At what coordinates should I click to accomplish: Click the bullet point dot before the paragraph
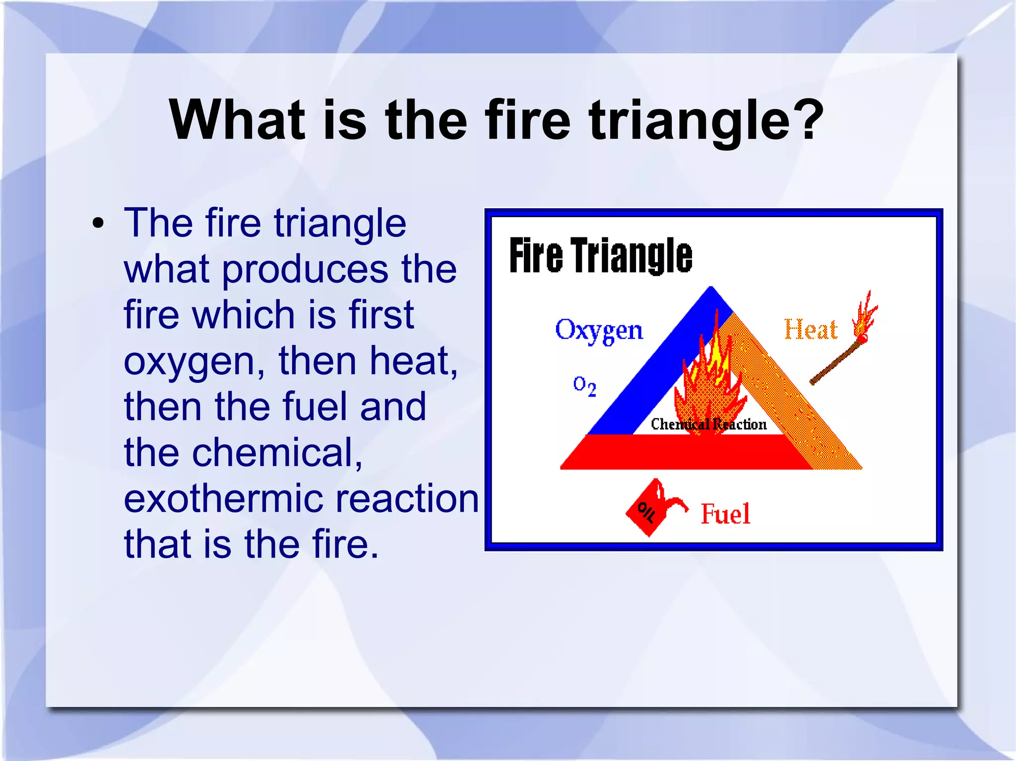click(98, 224)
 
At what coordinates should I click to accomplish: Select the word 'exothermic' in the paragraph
click(223, 499)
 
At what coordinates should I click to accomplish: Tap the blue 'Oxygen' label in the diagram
click(599, 330)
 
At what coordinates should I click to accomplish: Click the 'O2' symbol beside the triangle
click(584, 385)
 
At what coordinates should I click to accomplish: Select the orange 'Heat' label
click(810, 330)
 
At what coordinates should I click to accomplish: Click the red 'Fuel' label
click(725, 514)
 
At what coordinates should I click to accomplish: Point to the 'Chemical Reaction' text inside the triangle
click(708, 424)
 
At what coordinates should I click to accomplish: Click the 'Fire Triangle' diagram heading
click(600, 255)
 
